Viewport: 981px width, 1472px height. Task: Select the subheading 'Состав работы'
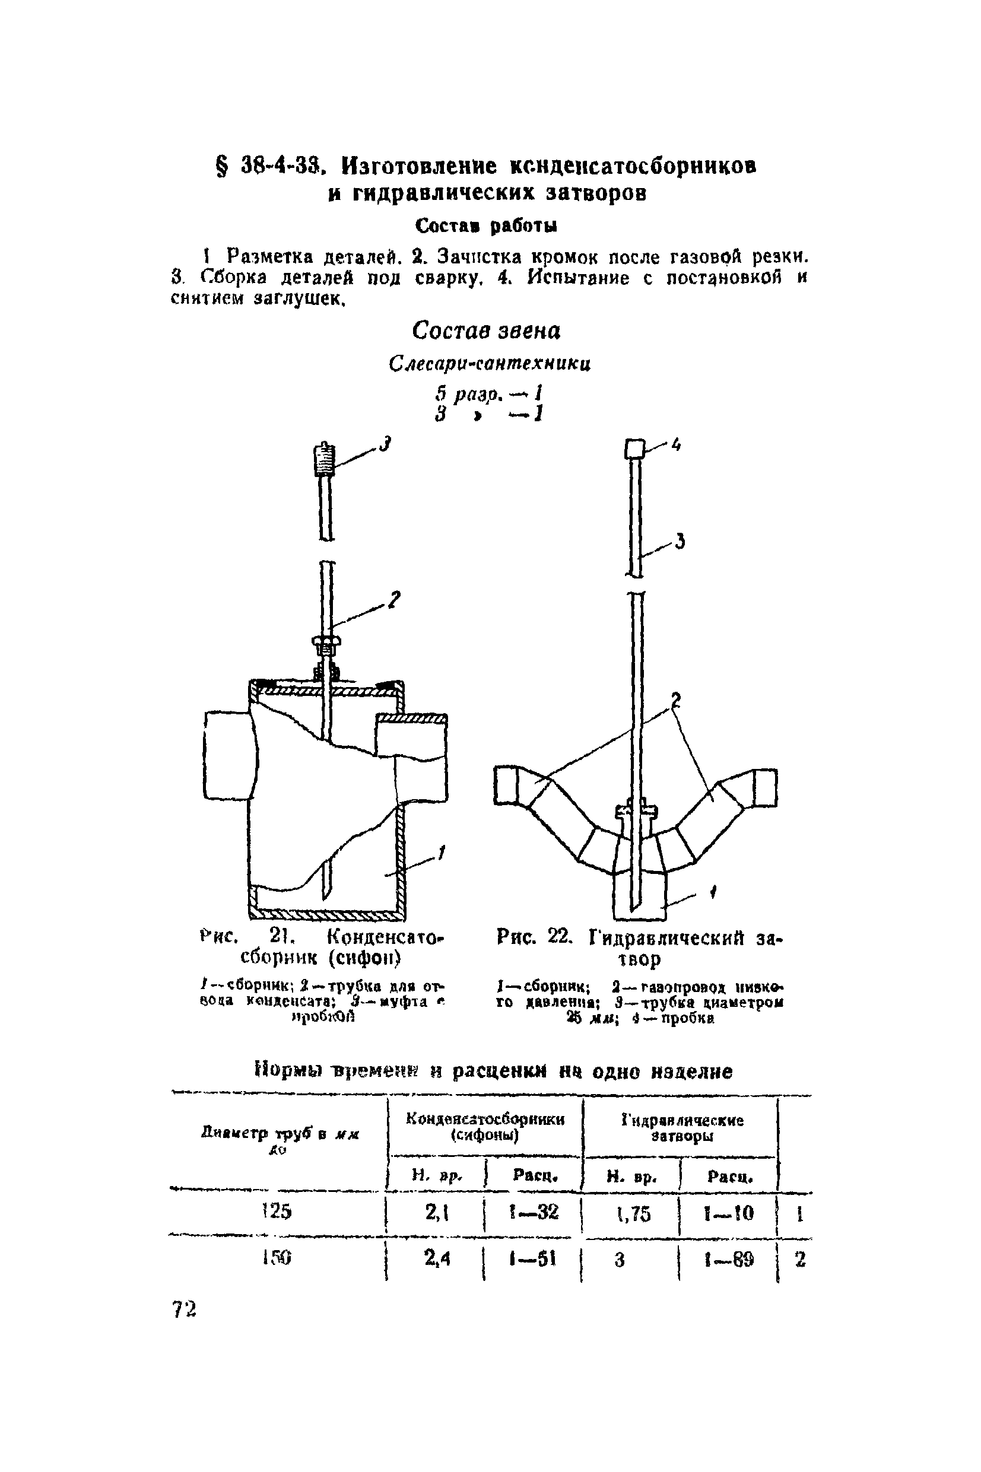coord(486,225)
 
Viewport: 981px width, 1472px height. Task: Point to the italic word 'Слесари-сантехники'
coord(489,363)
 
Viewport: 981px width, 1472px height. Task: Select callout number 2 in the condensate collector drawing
coord(393,600)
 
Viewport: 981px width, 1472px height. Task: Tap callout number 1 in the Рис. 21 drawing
coord(441,851)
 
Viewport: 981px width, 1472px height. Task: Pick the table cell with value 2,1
coord(437,1213)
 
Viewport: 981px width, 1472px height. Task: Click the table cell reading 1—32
coord(534,1213)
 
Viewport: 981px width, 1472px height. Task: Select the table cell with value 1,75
coord(633,1214)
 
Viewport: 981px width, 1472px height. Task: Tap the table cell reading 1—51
coord(534,1259)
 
